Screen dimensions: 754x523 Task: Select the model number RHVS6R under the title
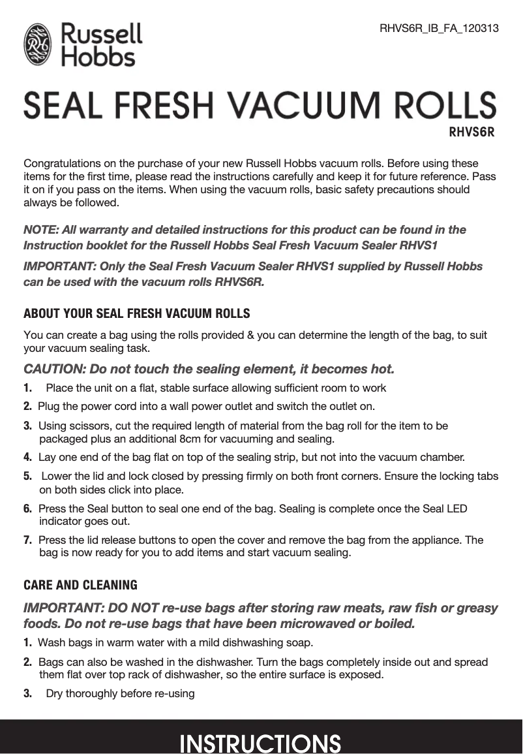(x=471, y=133)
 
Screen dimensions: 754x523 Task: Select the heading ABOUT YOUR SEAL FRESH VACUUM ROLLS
(x=136, y=313)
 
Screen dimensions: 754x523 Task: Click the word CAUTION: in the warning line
(x=53, y=369)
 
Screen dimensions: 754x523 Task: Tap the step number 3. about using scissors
(x=28, y=426)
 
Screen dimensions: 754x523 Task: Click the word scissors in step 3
(x=92, y=426)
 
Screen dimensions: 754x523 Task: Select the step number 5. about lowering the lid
(x=28, y=476)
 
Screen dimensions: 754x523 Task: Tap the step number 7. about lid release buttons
(x=28, y=541)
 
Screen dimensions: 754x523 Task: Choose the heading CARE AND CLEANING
(x=80, y=584)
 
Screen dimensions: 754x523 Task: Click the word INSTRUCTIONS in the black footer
(x=260, y=743)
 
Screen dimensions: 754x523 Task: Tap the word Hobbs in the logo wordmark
(x=98, y=57)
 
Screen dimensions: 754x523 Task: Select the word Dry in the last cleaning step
(x=55, y=693)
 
